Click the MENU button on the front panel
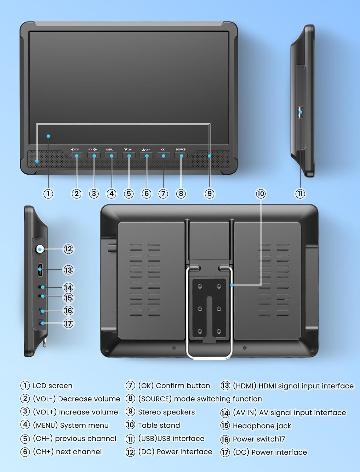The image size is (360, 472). pyautogui.click(x=111, y=155)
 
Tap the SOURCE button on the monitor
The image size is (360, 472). pyautogui.click(x=181, y=155)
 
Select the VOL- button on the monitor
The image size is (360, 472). pyautogui.click(x=77, y=155)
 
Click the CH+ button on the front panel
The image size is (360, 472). pyautogui.click(x=146, y=155)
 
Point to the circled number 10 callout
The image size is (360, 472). pyautogui.click(x=260, y=194)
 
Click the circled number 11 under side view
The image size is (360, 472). pyautogui.click(x=300, y=194)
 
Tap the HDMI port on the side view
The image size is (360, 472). pyautogui.click(x=40, y=270)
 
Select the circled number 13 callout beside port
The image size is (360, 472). pyautogui.click(x=68, y=270)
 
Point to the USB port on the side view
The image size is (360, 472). pyautogui.click(x=300, y=112)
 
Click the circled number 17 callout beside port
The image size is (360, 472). pyautogui.click(x=68, y=323)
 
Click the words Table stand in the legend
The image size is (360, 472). pyautogui.click(x=159, y=425)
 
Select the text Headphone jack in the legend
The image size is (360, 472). pyautogui.click(x=262, y=426)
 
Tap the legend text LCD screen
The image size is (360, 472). pyautogui.click(x=52, y=386)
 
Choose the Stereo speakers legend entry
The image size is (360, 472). pyautogui.click(x=166, y=412)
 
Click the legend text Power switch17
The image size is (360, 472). pyautogui.click(x=259, y=439)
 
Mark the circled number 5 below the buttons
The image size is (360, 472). pyautogui.click(x=129, y=194)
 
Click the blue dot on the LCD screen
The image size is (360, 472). pyautogui.click(x=48, y=136)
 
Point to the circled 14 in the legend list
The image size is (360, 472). pyautogui.click(x=225, y=413)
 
